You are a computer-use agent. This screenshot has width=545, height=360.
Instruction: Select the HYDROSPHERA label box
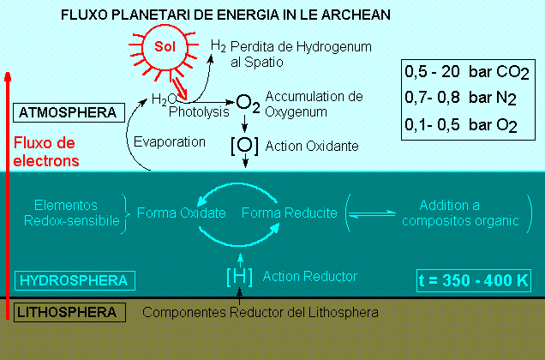click(x=74, y=279)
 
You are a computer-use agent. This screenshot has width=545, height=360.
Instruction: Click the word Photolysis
click(x=200, y=111)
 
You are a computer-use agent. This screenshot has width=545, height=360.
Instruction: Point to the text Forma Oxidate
click(x=182, y=213)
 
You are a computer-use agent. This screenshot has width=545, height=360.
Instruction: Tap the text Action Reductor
click(x=310, y=276)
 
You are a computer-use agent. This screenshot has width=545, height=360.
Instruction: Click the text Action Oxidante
click(x=312, y=147)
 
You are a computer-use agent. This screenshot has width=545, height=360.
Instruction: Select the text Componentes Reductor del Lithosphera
click(x=261, y=312)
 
